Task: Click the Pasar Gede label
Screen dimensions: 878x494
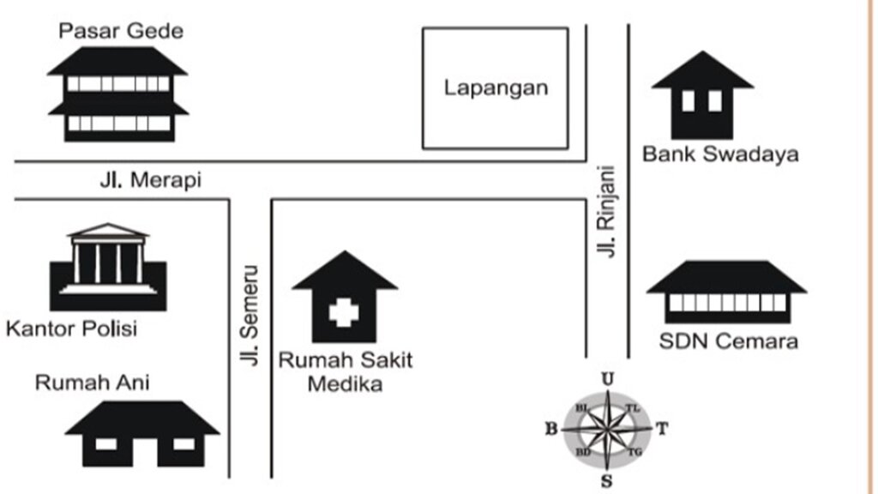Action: click(121, 31)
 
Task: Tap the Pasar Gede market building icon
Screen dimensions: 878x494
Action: click(118, 94)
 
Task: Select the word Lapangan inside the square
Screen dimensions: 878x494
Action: click(496, 88)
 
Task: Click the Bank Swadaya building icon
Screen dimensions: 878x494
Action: click(702, 95)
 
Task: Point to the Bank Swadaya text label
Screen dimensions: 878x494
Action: click(720, 154)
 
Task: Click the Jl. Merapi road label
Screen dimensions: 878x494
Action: click(151, 180)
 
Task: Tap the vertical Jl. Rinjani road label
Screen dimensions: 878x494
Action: click(606, 211)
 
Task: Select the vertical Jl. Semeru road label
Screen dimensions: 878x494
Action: click(250, 316)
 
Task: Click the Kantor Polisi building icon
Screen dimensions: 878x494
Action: click(108, 268)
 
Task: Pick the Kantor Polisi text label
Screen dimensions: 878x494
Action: click(72, 328)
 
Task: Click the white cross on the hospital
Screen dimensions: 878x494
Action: click(343, 312)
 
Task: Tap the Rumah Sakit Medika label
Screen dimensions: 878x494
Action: click(346, 372)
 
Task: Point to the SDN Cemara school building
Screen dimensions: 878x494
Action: click(727, 292)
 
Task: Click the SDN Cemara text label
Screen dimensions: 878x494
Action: click(729, 341)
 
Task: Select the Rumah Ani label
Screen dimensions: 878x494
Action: click(93, 383)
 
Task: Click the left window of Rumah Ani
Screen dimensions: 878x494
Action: click(106, 444)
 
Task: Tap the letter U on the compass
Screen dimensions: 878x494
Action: click(608, 379)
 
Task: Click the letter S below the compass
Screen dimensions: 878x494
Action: click(606, 481)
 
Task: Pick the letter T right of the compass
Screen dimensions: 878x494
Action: click(662, 429)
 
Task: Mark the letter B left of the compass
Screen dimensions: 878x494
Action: click(551, 429)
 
